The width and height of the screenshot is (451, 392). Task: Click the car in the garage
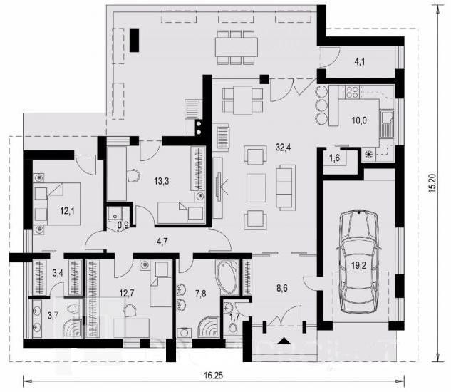(x=359, y=262)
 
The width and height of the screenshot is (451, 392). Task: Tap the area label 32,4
(x=283, y=148)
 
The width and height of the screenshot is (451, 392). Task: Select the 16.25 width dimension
(x=214, y=376)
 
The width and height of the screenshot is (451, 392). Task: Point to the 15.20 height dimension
(x=433, y=184)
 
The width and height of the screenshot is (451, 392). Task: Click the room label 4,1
(x=360, y=61)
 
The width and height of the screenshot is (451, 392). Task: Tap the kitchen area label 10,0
(x=359, y=120)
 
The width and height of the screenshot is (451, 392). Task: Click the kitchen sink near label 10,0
(x=387, y=124)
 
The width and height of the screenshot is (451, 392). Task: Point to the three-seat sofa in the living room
(x=286, y=186)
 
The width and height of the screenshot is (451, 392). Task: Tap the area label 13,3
(x=161, y=181)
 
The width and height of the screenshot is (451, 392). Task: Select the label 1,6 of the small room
(x=333, y=158)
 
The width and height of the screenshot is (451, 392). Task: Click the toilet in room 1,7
(x=232, y=328)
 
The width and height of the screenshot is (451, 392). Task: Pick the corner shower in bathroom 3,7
(x=73, y=328)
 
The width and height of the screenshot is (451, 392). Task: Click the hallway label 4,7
(x=162, y=242)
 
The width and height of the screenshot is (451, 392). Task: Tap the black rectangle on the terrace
(x=135, y=40)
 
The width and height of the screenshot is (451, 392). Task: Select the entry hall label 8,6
(x=282, y=288)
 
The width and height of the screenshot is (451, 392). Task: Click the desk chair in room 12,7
(x=130, y=311)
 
